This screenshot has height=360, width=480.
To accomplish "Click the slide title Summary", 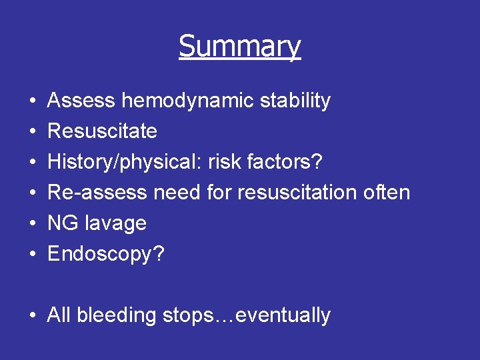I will pos(239,47).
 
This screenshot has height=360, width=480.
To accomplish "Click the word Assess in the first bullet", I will pos(81,101).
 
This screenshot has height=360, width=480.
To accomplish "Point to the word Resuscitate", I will pos(102,131).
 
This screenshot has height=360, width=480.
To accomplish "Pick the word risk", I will pos(223,162).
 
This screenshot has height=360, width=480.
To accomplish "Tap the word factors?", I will pos(283,162).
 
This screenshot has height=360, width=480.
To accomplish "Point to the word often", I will pos(387,193).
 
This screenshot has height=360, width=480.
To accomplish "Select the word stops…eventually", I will pos(247,315).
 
